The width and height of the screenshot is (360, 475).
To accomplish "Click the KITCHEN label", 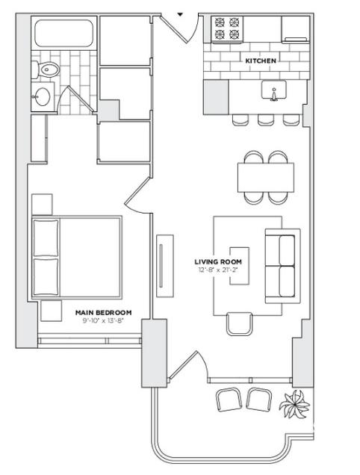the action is point(261,61).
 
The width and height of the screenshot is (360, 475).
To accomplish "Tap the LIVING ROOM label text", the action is point(218,261).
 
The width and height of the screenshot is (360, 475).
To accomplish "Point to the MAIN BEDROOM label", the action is point(103,313).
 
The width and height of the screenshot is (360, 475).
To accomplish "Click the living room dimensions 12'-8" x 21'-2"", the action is point(217,270).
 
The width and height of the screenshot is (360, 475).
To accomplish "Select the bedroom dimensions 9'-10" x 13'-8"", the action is point(103,321).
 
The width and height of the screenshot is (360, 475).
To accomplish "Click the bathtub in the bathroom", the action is point(63,34).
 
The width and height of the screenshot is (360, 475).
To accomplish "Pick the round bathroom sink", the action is point(42,96).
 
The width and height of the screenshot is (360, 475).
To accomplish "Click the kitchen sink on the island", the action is point(273,90).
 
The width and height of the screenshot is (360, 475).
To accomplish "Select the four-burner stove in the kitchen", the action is point(227,28).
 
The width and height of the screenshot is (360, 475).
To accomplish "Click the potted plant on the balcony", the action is point(294,403).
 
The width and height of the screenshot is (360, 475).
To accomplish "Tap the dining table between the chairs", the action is point(266,177).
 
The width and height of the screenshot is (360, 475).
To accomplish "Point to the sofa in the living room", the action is point(282,266).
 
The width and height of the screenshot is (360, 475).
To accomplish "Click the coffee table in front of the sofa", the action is point(240,266).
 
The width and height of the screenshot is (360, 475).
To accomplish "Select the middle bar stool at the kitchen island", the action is point(266,120).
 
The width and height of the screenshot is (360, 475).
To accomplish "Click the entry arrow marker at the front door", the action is point(180,14).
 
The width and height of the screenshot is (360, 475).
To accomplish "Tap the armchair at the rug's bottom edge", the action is point(240,324).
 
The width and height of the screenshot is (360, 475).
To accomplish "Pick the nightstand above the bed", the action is point(42,205).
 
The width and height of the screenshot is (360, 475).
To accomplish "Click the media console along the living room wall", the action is point(165,266).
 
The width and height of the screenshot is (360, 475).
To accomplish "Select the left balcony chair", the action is point(229,400).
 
